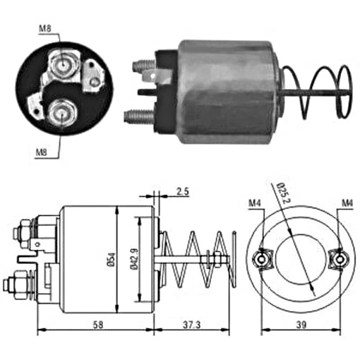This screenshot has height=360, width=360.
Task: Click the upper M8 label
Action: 45,29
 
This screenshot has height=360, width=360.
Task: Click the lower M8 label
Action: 42,152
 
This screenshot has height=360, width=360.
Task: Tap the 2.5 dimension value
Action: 183,191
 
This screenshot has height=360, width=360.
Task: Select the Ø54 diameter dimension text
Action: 112,260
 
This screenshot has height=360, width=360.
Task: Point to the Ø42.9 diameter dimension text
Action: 134,259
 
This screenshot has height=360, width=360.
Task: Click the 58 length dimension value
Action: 98,325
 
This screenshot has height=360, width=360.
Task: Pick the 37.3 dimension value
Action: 192,325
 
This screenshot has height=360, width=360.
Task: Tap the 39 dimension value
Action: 301,325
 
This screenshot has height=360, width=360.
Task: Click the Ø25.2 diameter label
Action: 284,193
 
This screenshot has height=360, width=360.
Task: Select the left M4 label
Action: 255,203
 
